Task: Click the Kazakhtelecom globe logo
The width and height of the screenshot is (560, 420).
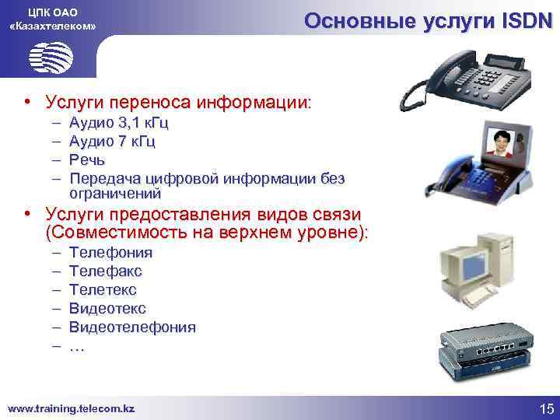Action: point(51,58)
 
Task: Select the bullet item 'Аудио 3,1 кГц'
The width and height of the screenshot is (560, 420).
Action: point(118,123)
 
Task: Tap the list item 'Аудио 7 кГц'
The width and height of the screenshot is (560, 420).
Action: point(112,141)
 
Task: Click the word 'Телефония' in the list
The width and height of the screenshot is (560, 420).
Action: point(110,253)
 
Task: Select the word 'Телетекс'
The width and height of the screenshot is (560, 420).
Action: point(103,290)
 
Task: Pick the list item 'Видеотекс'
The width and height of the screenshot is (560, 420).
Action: point(107,309)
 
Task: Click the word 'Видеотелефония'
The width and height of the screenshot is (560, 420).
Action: point(132,327)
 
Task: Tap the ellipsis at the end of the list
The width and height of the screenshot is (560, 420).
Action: point(76,347)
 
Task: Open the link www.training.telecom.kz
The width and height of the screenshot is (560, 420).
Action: point(71,408)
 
